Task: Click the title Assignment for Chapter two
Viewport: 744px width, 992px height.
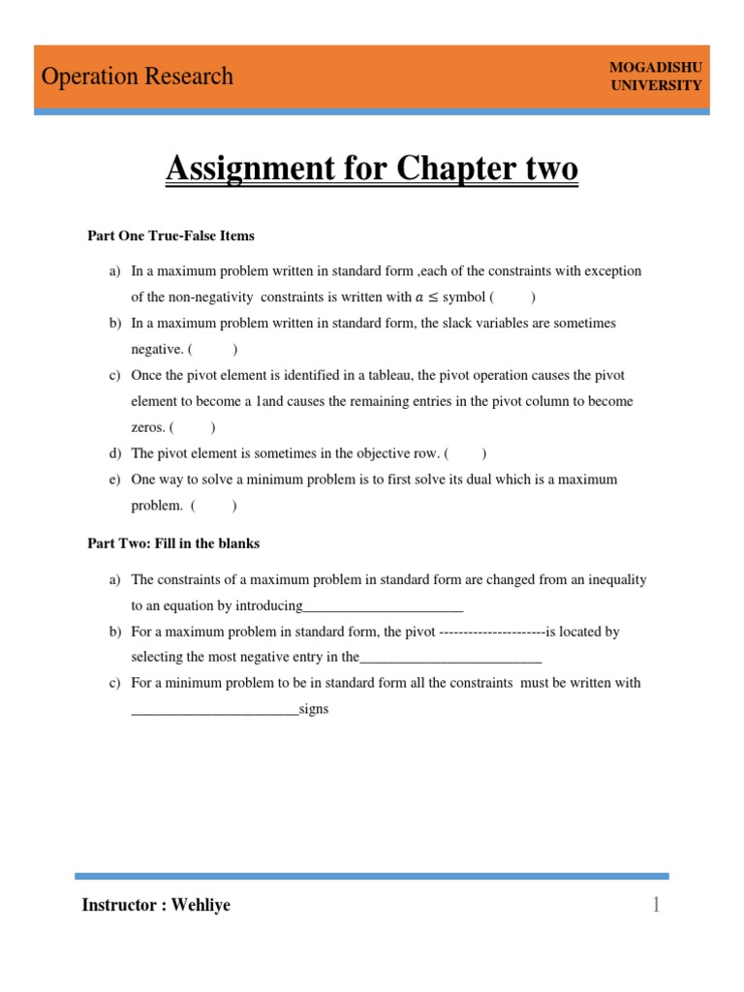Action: tap(372, 170)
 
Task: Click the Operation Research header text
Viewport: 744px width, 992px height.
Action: tap(137, 77)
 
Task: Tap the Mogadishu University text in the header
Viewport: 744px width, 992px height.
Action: tap(656, 76)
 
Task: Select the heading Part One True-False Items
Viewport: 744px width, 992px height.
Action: tap(171, 235)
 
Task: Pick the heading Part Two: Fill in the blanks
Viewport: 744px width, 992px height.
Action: tap(173, 543)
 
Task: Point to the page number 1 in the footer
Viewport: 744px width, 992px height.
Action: tap(656, 905)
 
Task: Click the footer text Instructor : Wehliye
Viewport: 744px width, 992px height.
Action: tap(157, 906)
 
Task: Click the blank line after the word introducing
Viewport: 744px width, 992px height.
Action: tap(384, 607)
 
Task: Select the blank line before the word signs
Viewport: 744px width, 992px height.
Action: tap(215, 710)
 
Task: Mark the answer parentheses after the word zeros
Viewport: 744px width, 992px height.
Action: tap(193, 427)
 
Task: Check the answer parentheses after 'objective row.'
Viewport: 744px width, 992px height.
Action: tap(466, 453)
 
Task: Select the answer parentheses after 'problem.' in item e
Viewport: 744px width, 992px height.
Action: tap(213, 505)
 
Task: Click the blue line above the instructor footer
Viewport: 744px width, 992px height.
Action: tap(372, 876)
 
